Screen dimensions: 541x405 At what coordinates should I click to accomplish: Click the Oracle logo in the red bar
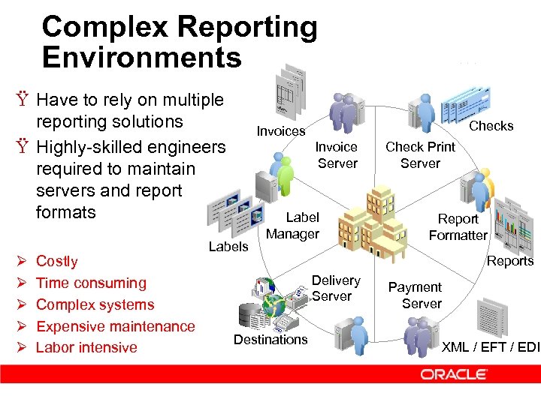pyautogui.click(x=454, y=373)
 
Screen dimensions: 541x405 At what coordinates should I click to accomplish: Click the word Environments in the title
pyautogui.click(x=142, y=57)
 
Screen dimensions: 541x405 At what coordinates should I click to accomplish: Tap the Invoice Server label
pyautogui.click(x=337, y=155)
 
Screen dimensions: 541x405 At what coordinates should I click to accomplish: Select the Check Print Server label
pyautogui.click(x=420, y=155)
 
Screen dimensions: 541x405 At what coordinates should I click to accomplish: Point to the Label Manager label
pyautogui.click(x=293, y=226)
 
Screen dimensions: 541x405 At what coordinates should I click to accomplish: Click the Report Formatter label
pyautogui.click(x=458, y=227)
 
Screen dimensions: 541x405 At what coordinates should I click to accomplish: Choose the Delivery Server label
pyautogui.click(x=335, y=288)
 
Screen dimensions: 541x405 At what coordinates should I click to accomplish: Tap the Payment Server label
pyautogui.click(x=416, y=295)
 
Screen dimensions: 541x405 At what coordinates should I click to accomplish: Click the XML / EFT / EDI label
pyautogui.click(x=490, y=346)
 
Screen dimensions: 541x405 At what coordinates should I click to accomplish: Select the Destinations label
pyautogui.click(x=270, y=340)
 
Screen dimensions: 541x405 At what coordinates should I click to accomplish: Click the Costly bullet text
pyautogui.click(x=57, y=261)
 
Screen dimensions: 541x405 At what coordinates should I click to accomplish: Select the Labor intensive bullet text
pyautogui.click(x=86, y=347)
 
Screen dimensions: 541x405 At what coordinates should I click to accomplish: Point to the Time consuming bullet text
pyautogui.click(x=91, y=283)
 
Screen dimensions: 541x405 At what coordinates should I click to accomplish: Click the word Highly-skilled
pyautogui.click(x=89, y=147)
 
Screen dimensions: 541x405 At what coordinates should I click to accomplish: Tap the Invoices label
pyautogui.click(x=281, y=131)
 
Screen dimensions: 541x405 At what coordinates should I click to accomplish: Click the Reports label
pyautogui.click(x=510, y=261)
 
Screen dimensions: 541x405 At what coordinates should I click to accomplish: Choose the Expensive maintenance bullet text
pyautogui.click(x=115, y=326)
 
